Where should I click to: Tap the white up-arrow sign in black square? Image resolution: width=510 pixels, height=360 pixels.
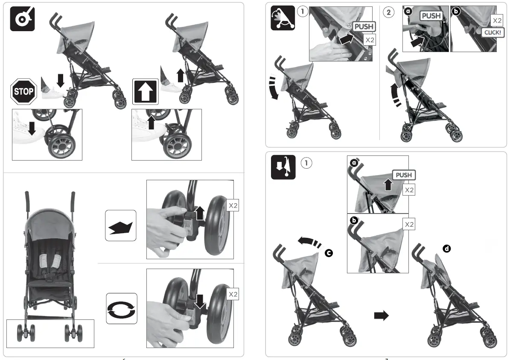click(146, 91)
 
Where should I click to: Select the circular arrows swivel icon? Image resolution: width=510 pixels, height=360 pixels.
click(121, 308)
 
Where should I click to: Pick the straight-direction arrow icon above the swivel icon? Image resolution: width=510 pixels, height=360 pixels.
click(121, 225)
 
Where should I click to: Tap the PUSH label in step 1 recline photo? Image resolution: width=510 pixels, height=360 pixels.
click(363, 26)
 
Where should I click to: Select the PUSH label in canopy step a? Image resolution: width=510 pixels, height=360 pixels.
click(403, 175)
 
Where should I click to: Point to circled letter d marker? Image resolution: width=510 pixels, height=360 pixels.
click(447, 248)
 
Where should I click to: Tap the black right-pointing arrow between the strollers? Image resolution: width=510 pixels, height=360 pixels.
click(381, 316)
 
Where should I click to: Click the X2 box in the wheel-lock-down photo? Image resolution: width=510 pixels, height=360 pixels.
click(233, 294)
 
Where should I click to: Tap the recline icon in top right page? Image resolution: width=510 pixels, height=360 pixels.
click(283, 18)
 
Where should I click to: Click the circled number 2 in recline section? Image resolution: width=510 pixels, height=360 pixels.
click(388, 12)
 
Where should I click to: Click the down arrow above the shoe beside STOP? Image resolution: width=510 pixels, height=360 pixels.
click(60, 80)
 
